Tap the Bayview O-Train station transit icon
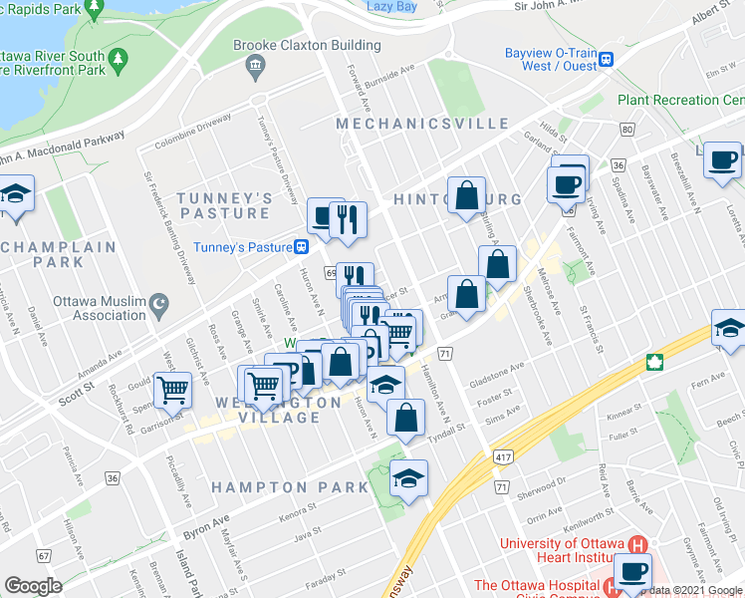605,60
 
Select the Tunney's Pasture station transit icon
301,247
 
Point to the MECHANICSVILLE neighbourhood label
422,124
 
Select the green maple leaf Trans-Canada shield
655,362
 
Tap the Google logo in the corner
33,586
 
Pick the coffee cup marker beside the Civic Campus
630,571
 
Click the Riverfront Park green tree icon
117,60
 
